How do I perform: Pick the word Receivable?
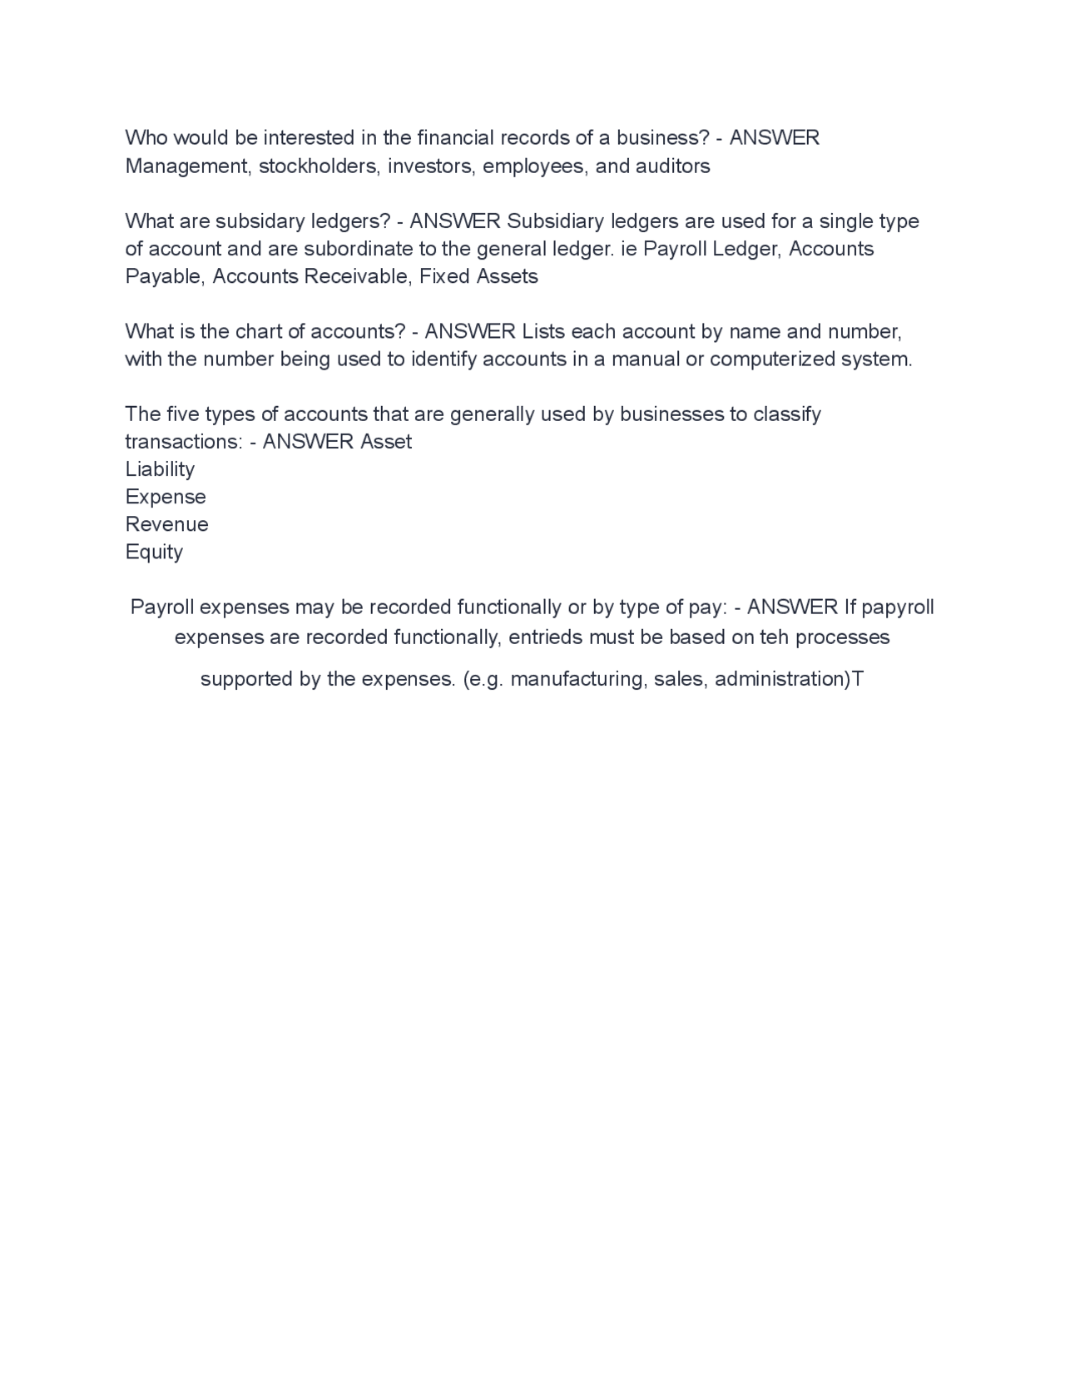point(357,276)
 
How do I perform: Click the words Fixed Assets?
point(478,276)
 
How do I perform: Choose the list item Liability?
point(160,469)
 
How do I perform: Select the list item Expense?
point(166,497)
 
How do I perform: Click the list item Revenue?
point(166,524)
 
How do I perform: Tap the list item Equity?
point(154,552)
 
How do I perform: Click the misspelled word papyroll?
point(898,607)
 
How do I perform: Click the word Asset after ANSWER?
point(385,442)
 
